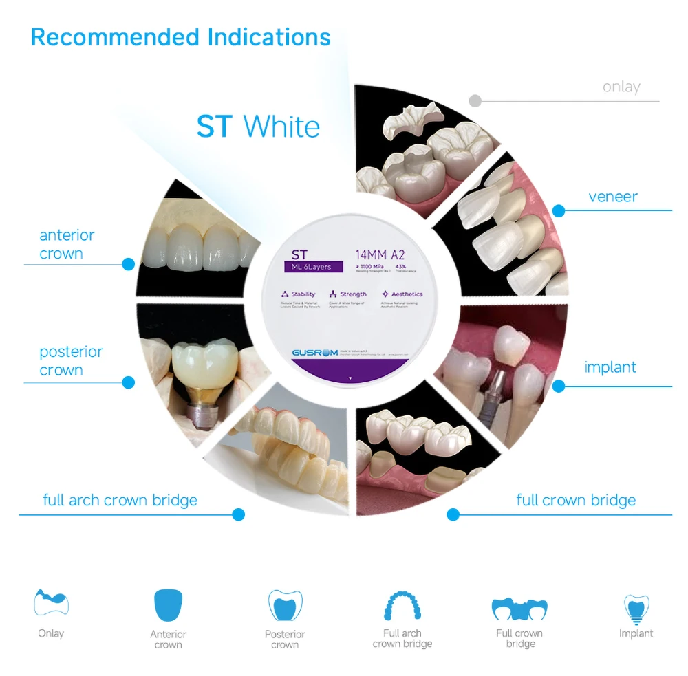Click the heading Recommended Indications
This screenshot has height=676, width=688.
pyautogui.click(x=180, y=36)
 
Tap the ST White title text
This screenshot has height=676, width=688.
pyautogui.click(x=258, y=127)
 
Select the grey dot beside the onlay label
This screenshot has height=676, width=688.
pyautogui.click(x=475, y=101)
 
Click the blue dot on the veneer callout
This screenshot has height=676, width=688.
pyautogui.click(x=559, y=210)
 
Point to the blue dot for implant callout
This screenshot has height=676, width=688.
pyautogui.click(x=559, y=386)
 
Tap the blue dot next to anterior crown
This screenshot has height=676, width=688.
pyautogui.click(x=128, y=264)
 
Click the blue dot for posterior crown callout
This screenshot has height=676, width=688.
pyautogui.click(x=128, y=382)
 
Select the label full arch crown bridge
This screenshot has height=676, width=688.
pyautogui.click(x=120, y=500)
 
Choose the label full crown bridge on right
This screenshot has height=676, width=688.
pyautogui.click(x=576, y=500)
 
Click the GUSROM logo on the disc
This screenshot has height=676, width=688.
pyautogui.click(x=314, y=353)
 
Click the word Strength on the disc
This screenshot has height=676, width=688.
pyautogui.click(x=353, y=294)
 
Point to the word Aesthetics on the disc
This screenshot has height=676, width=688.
pyautogui.click(x=407, y=294)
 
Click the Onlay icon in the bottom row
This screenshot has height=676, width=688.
pyautogui.click(x=51, y=602)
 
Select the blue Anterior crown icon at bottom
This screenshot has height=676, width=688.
pyautogui.click(x=169, y=604)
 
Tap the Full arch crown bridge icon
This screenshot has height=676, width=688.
pyautogui.click(x=402, y=605)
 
